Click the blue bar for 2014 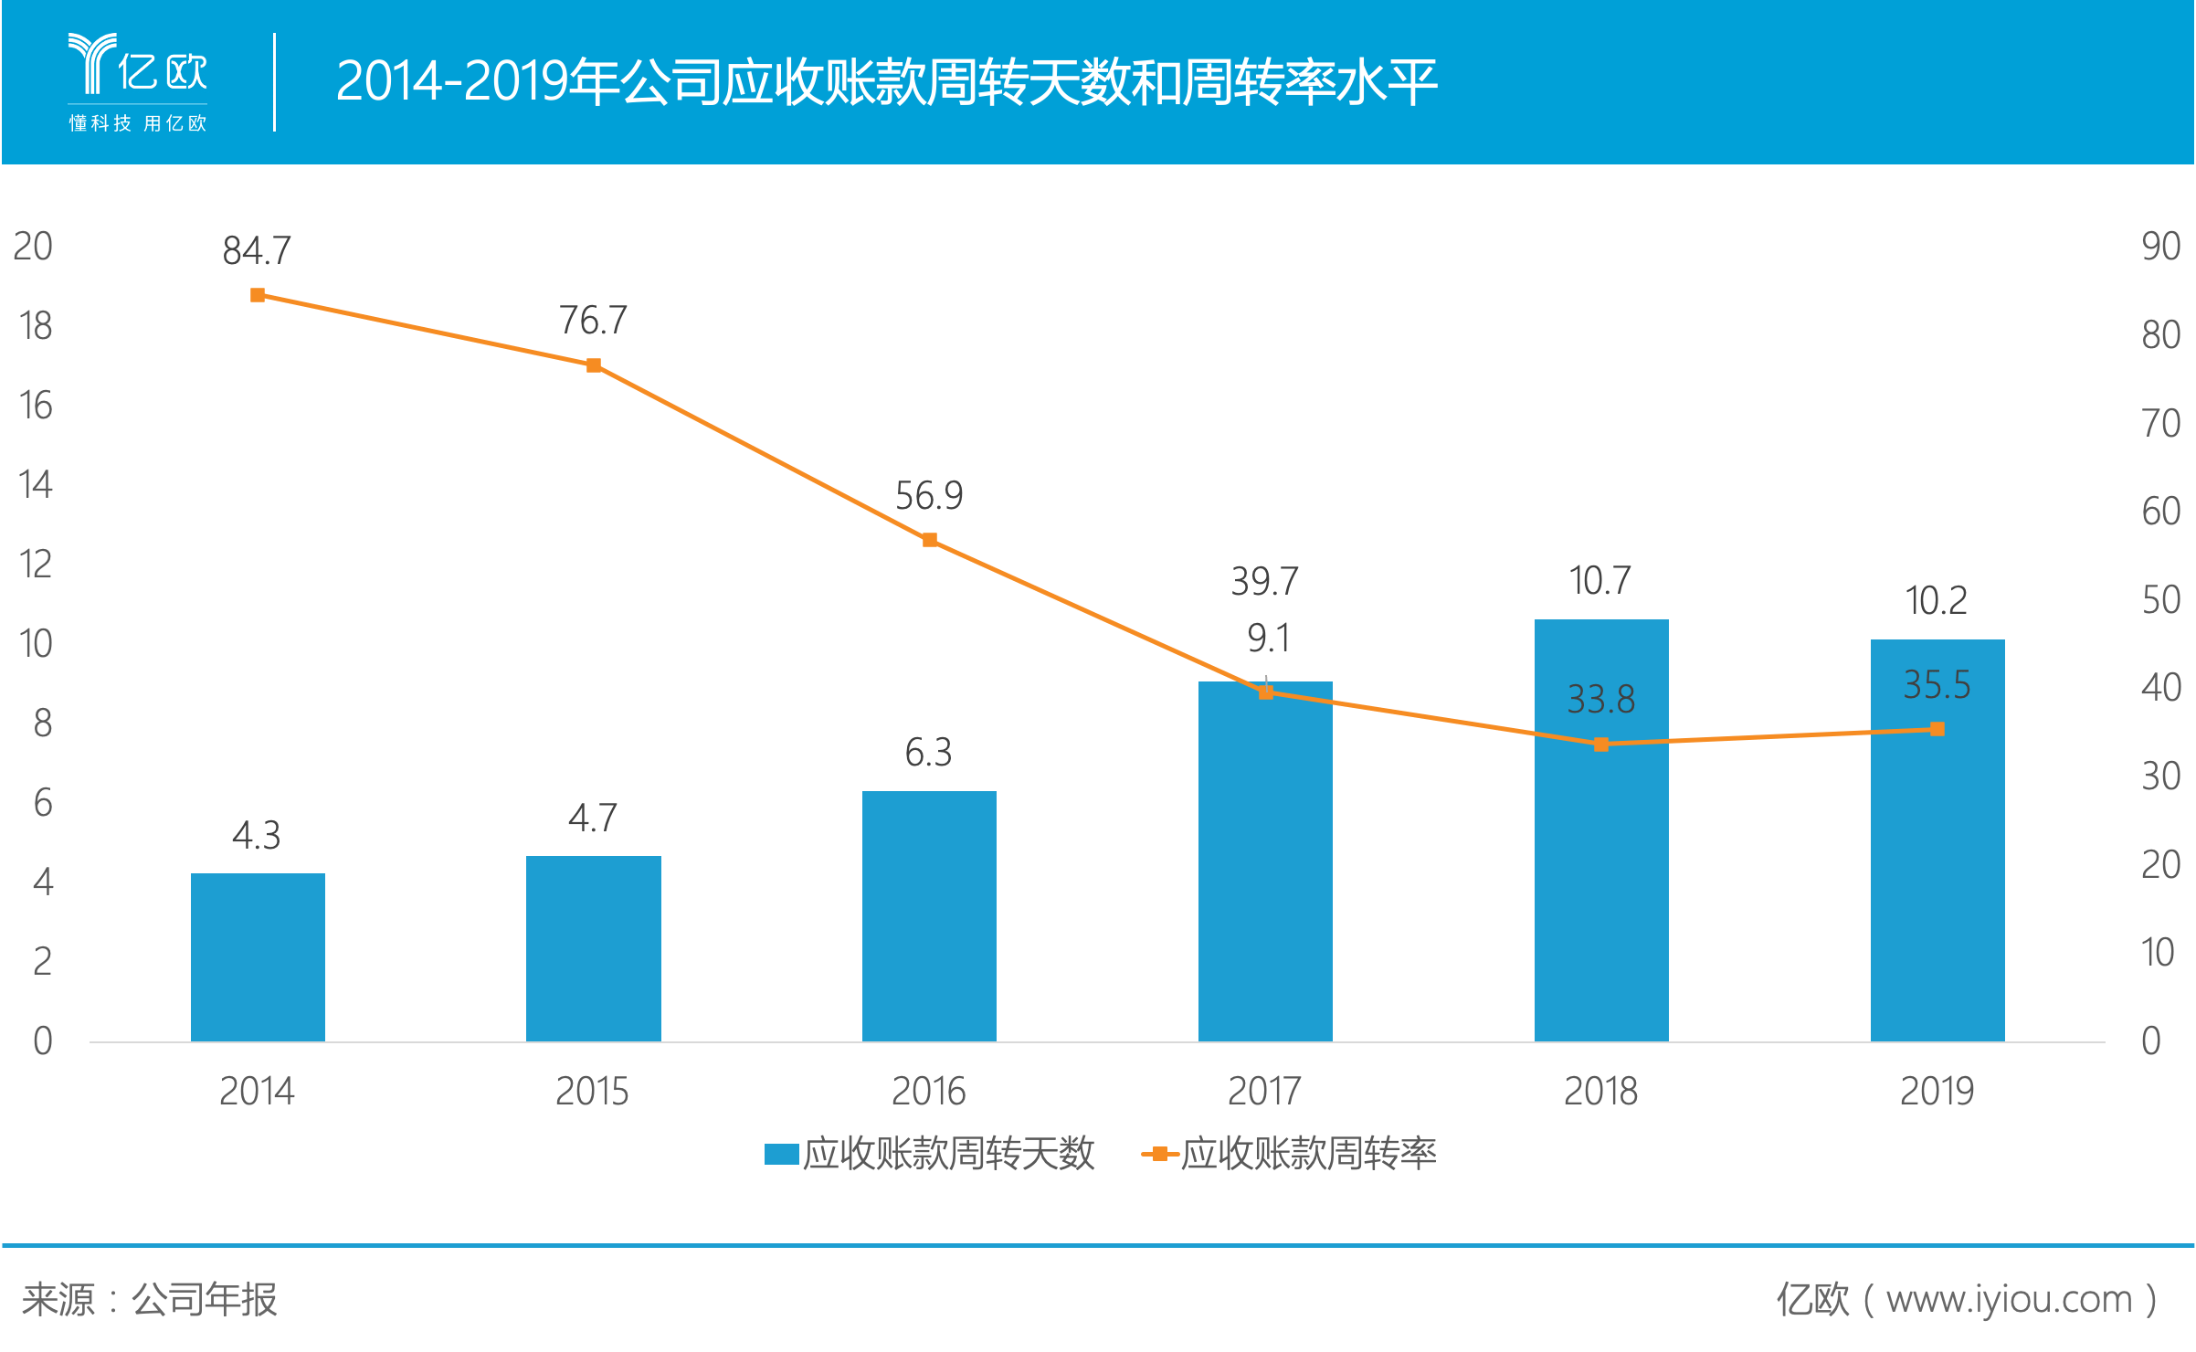(258, 956)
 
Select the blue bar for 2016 (929, 915)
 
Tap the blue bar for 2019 (1937, 840)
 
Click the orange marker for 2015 (594, 365)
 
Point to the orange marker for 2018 (1601, 745)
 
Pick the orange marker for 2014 (258, 295)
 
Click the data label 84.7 (257, 250)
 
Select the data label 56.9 (929, 496)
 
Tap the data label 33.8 (1601, 700)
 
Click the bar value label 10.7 (1599, 580)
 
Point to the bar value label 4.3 (256, 835)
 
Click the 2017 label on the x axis (1264, 1091)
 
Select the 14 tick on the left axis (36, 484)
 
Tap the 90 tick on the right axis (2161, 246)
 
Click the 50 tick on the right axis (2161, 599)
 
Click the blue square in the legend (781, 1154)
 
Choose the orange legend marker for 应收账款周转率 (1159, 1154)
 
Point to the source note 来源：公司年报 (150, 1299)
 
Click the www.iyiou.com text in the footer (2010, 1299)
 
